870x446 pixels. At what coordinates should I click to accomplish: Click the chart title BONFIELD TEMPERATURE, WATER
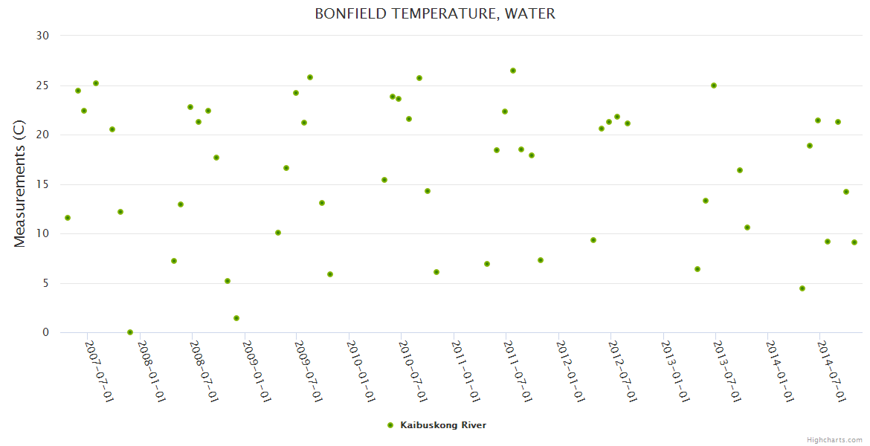pos(435,13)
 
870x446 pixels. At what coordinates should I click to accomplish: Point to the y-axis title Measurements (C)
pos(20,184)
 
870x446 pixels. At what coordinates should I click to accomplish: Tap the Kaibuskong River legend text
pos(443,425)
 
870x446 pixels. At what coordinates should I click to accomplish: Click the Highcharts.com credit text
pos(834,439)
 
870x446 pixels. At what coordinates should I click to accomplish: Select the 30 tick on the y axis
pos(42,36)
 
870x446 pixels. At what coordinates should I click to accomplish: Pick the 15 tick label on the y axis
pos(42,184)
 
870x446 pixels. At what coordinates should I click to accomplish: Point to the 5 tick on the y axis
pos(45,283)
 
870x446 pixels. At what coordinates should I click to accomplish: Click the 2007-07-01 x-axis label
pos(99,371)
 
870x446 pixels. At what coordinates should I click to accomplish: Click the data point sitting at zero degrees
pos(130,332)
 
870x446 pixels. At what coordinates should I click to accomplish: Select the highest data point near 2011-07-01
pos(513,71)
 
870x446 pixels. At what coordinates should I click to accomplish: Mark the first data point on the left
pos(68,218)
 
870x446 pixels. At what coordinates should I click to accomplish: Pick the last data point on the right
pos(854,242)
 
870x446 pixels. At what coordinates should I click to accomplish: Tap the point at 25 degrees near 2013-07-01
pos(714,85)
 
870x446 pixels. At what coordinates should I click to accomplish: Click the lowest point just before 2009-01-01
pos(236,318)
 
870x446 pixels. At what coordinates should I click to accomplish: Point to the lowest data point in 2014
pos(802,288)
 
